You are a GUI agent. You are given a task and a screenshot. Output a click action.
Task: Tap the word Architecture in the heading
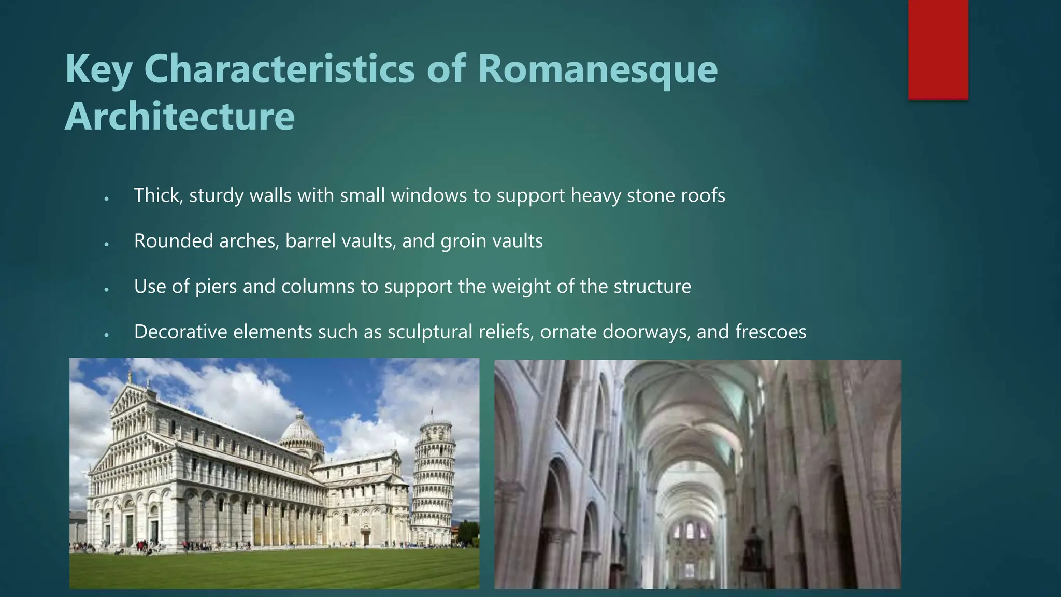tap(179, 117)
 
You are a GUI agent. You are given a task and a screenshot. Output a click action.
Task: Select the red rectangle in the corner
tap(938, 49)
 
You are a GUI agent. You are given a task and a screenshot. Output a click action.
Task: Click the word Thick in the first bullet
tap(158, 195)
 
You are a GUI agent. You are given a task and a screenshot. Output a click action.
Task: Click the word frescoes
tap(770, 332)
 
